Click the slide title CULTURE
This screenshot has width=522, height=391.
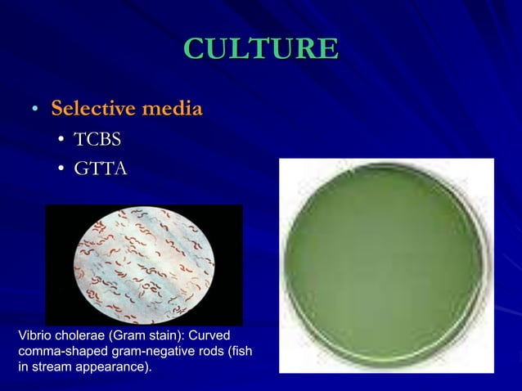tap(261, 48)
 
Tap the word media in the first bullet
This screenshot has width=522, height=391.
tap(170, 108)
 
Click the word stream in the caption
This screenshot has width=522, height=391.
tap(50, 366)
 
